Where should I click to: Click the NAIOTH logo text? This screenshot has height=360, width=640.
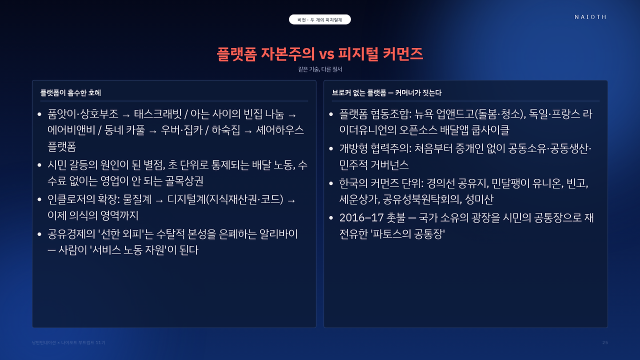[590, 17]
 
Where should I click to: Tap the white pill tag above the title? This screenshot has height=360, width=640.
[319, 19]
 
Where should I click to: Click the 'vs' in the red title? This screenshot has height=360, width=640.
[326, 54]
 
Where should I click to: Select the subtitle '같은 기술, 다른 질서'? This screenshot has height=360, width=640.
[320, 69]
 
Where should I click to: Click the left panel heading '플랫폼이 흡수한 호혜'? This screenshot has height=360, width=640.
[70, 93]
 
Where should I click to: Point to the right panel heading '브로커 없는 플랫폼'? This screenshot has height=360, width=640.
[359, 93]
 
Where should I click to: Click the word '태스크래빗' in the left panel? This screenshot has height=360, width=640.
[157, 114]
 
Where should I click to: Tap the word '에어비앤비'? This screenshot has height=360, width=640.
[71, 130]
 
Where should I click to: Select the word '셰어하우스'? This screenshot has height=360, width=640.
[279, 130]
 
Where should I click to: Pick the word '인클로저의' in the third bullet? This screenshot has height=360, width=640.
[71, 199]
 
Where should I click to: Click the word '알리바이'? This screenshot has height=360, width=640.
[278, 234]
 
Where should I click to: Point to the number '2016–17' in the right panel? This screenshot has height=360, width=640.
[361, 218]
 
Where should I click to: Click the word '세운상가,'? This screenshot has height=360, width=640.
[359, 199]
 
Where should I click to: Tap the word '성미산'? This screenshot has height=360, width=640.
[479, 199]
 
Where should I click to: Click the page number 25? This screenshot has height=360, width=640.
[605, 342]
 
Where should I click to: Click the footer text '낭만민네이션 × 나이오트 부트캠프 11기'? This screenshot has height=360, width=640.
[68, 342]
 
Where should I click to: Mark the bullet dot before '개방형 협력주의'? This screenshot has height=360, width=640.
[331, 148]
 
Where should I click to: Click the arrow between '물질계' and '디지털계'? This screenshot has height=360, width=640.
[159, 201]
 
